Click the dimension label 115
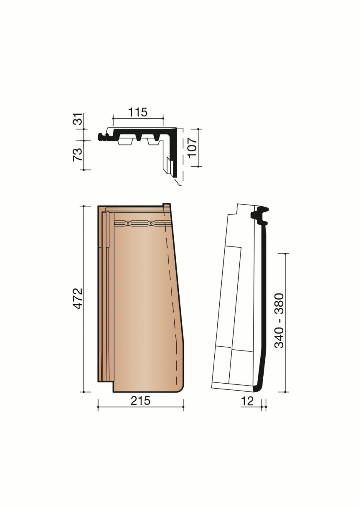[138, 112]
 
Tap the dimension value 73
[78, 154]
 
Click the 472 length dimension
[78, 298]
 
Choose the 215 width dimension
[140, 401]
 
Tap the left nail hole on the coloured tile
[128, 223]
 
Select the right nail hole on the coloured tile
[151, 223]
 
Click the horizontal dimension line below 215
[140, 407]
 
